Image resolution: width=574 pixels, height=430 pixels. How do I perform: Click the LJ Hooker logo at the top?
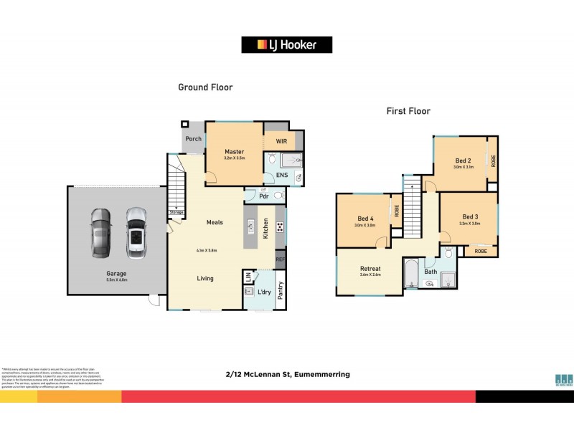(287, 44)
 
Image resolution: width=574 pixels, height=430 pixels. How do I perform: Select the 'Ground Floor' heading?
(205, 87)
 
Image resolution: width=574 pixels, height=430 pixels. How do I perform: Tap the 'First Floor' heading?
(408, 111)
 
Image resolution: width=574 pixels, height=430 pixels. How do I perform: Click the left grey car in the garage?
(101, 232)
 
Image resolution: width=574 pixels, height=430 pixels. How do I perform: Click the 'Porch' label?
(193, 139)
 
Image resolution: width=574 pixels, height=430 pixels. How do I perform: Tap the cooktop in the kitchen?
(280, 228)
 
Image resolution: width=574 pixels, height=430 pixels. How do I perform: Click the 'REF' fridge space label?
(280, 259)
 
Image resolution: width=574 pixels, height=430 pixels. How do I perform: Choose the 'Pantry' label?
(281, 290)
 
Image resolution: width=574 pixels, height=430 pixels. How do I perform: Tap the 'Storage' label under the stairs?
(176, 212)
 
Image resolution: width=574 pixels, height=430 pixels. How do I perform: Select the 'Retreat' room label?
(370, 269)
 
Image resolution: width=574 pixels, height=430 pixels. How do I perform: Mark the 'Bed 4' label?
(365, 219)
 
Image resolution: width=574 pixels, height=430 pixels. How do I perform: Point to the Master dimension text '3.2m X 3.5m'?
(235, 158)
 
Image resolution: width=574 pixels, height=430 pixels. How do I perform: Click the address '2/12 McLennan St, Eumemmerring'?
(287, 373)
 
